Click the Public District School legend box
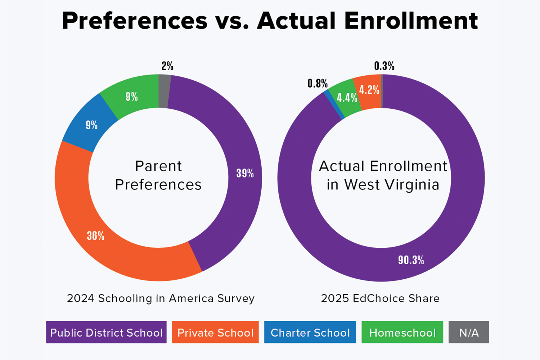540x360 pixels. pos(106,332)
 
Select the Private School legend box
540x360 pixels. pos(215,332)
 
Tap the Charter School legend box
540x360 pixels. pos(310,332)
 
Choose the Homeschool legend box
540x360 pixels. pos(402,332)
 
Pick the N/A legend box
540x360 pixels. pos(469,332)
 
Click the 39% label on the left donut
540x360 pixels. pos(245,174)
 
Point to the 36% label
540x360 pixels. pos(96,236)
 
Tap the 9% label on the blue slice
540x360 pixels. pos(92,125)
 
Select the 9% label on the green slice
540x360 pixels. pos(132,97)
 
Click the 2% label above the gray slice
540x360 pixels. pos(167,66)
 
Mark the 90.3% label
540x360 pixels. pos(411,260)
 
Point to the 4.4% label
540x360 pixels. pos(347,98)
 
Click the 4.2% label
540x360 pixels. pos(369,90)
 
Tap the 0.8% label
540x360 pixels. pos(318,84)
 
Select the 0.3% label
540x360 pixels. pos(384,66)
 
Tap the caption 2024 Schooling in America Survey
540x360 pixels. pos(161,298)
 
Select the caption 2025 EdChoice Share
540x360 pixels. pos(380,298)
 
